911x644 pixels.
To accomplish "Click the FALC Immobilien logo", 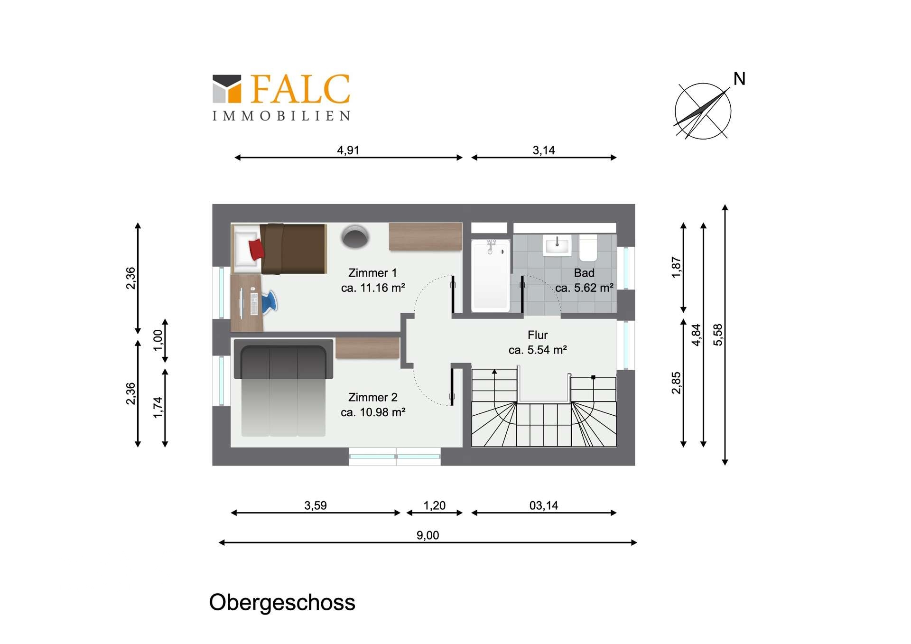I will (x=281, y=97).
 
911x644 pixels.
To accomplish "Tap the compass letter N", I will (x=739, y=79).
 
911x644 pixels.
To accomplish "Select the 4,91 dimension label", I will (x=348, y=150).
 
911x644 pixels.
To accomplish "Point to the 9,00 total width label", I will (x=428, y=535).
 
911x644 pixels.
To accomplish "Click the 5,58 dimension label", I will (x=718, y=335).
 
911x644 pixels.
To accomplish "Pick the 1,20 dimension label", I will (x=434, y=505).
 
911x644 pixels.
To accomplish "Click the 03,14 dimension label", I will (x=543, y=505).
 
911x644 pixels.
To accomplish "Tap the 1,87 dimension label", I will (x=676, y=267).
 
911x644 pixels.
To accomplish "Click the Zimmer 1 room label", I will (x=372, y=273).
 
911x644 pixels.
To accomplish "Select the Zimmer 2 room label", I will (x=372, y=397).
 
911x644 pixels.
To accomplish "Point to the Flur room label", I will (x=538, y=335).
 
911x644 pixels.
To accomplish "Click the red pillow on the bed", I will (x=256, y=249).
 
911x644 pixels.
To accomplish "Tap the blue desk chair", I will (x=270, y=302).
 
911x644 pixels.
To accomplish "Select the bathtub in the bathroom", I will (x=490, y=275).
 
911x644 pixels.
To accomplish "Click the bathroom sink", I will (x=557, y=245).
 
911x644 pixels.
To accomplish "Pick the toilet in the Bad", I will (x=588, y=248).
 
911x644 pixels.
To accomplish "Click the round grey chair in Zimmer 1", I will (x=354, y=236).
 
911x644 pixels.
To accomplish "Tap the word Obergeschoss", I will (x=282, y=602).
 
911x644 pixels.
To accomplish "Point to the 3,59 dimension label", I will (x=316, y=505).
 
